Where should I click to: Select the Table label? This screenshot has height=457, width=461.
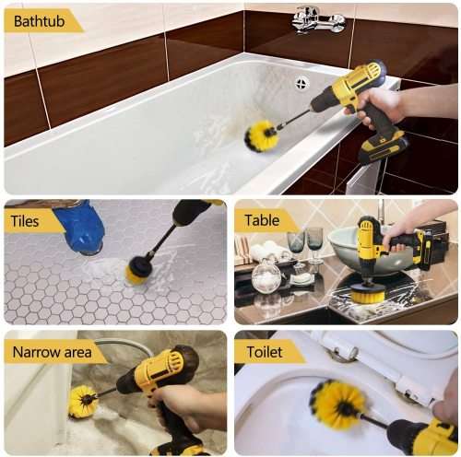point(262,221)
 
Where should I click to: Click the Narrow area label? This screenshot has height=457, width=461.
point(56,352)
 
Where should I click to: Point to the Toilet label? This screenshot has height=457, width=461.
point(266,352)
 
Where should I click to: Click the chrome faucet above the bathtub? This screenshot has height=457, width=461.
point(318,19)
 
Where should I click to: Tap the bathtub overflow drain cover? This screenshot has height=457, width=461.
point(301,83)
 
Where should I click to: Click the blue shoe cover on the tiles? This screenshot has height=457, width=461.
point(84,227)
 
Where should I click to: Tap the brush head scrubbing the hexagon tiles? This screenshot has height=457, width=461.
point(139,268)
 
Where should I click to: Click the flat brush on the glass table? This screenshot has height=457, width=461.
point(369,293)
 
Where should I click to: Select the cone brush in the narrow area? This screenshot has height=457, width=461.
point(83,402)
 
